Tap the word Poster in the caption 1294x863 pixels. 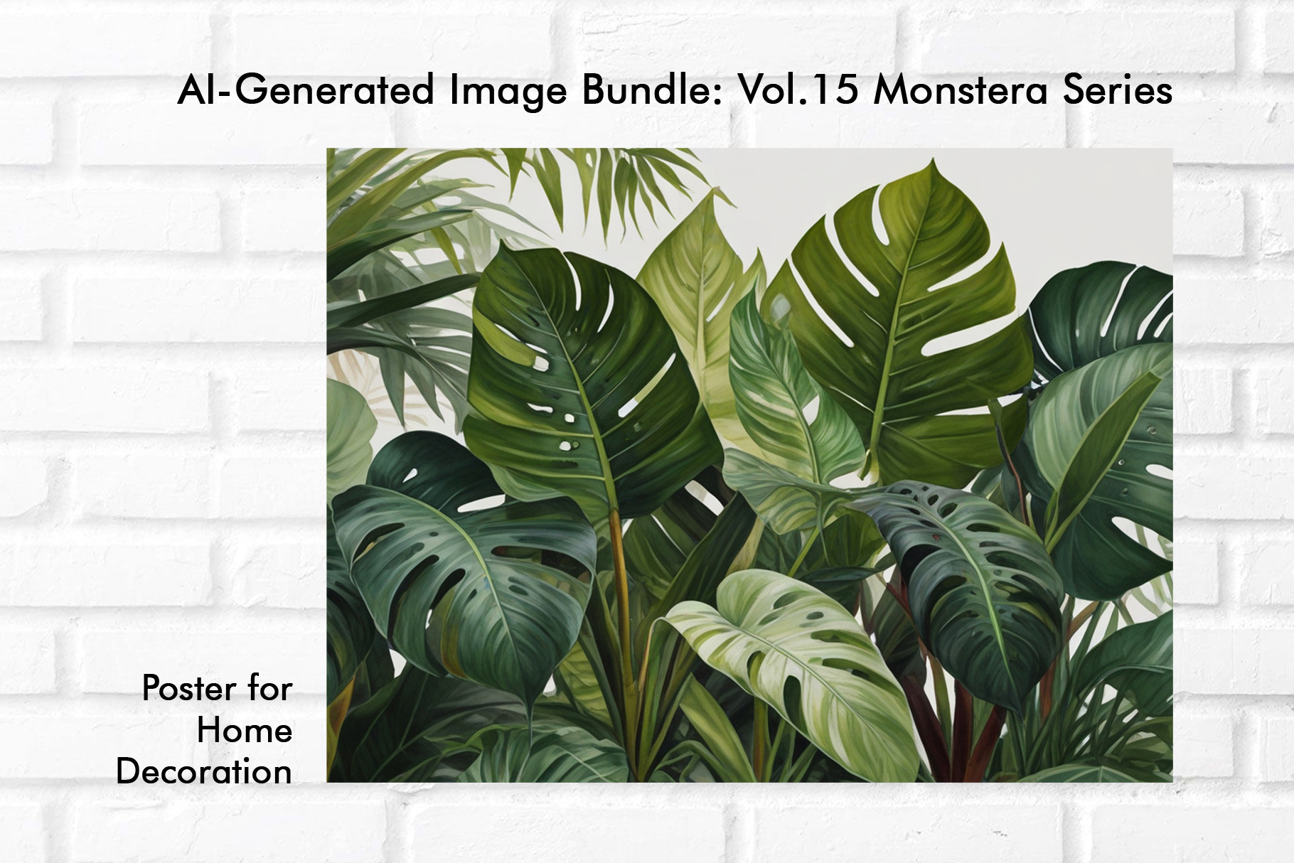[x=188, y=688]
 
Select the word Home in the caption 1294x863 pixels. [x=245, y=730]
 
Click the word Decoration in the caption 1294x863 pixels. [x=204, y=772]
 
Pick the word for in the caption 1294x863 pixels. [x=269, y=687]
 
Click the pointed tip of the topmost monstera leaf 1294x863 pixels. [x=932, y=160]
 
